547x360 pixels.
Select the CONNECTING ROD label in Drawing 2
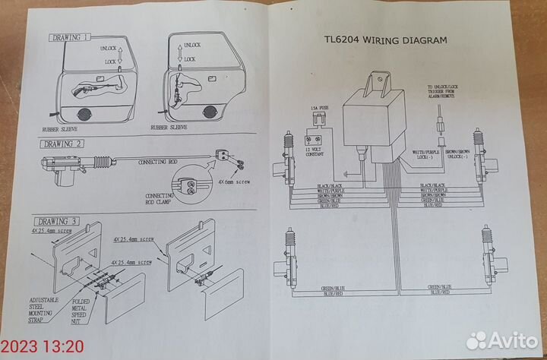point(158,162)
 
